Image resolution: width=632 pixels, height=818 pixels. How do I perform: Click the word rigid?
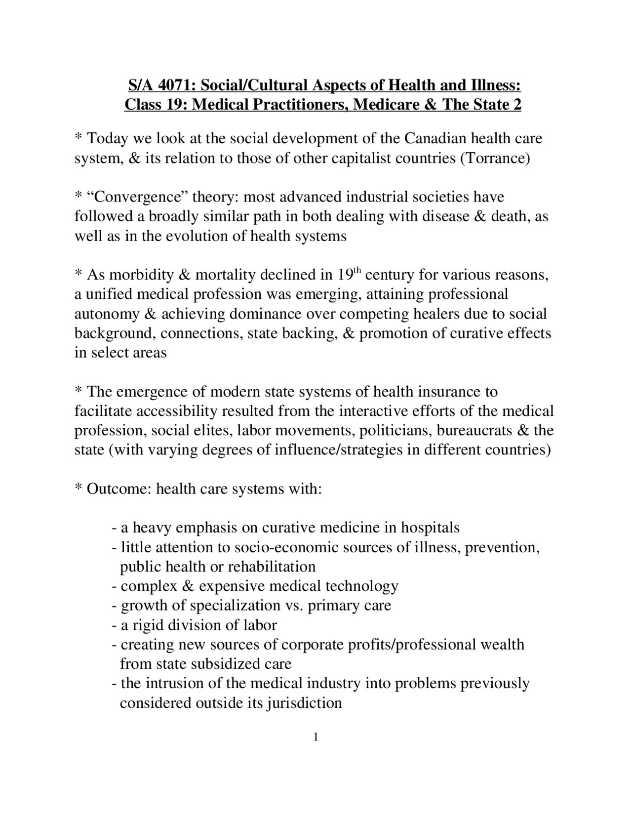148,625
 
